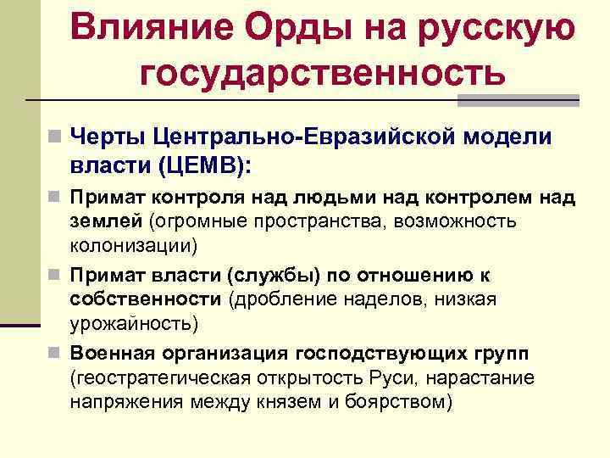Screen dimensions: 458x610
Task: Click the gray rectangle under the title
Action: click(x=518, y=100)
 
